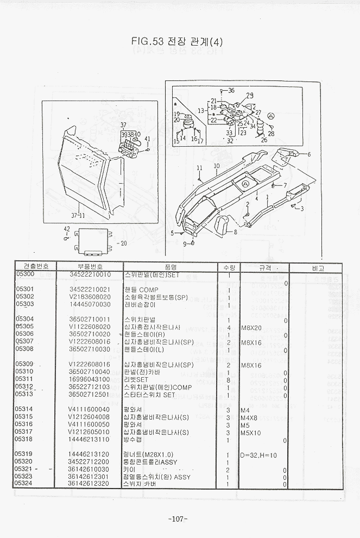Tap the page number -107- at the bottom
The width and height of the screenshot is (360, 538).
[178, 519]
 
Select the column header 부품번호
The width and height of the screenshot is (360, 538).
[90, 267]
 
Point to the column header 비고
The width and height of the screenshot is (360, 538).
[318, 268]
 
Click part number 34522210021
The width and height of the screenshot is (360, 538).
[90, 289]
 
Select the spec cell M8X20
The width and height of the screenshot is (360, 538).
[251, 327]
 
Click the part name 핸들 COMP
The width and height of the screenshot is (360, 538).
[141, 290]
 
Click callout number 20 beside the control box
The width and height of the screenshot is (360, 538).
[123, 243]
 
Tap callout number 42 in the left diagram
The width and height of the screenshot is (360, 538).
[67, 228]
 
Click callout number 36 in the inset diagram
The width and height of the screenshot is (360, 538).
[231, 90]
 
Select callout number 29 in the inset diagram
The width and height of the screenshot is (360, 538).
[250, 96]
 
